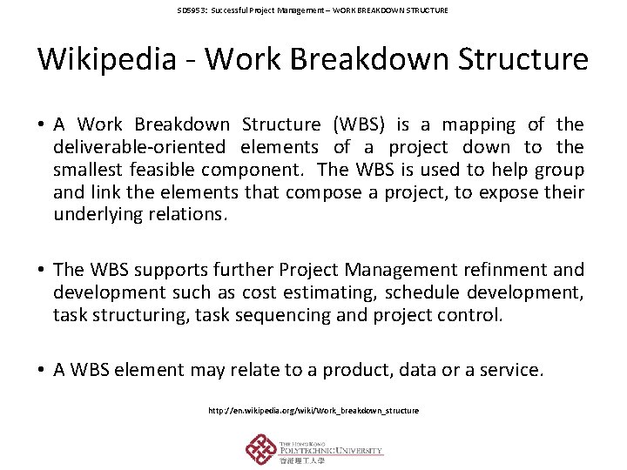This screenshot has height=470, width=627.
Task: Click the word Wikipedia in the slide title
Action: click(x=112, y=59)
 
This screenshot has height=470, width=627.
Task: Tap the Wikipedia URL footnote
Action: click(x=313, y=410)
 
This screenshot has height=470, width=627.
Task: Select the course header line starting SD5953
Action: click(x=313, y=10)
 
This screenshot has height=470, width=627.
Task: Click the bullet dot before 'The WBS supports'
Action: click(x=42, y=271)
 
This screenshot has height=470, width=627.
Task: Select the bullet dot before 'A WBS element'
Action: click(x=42, y=371)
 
